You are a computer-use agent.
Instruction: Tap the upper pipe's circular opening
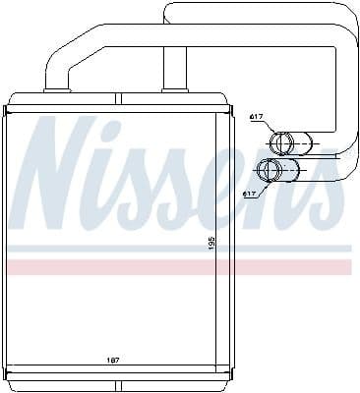click(x=282, y=143)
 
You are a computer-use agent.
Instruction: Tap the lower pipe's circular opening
click(x=267, y=170)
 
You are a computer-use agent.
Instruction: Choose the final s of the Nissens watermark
click(x=322, y=192)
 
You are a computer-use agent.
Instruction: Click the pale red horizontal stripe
click(x=177, y=267)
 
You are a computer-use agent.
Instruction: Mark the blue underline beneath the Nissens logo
click(x=177, y=249)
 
